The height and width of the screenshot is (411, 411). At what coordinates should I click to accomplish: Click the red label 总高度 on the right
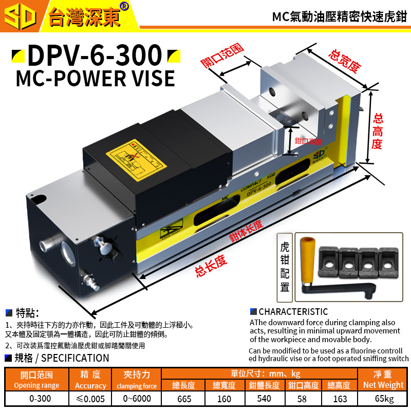pos(377,131)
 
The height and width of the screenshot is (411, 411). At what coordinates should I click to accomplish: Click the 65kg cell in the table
pos(384,399)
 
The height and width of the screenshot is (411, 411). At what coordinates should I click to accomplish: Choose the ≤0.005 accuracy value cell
pos(90,399)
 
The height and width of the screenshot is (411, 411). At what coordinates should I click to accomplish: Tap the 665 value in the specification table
pos(183,399)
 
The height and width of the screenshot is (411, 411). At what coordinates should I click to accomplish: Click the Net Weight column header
pos(384,380)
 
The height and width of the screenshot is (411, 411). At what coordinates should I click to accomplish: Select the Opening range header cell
pos(36,380)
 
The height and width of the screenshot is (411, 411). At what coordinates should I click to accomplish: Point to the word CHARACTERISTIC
pos(293,312)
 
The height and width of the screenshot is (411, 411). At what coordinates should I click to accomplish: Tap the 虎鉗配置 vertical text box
pos(285,267)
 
